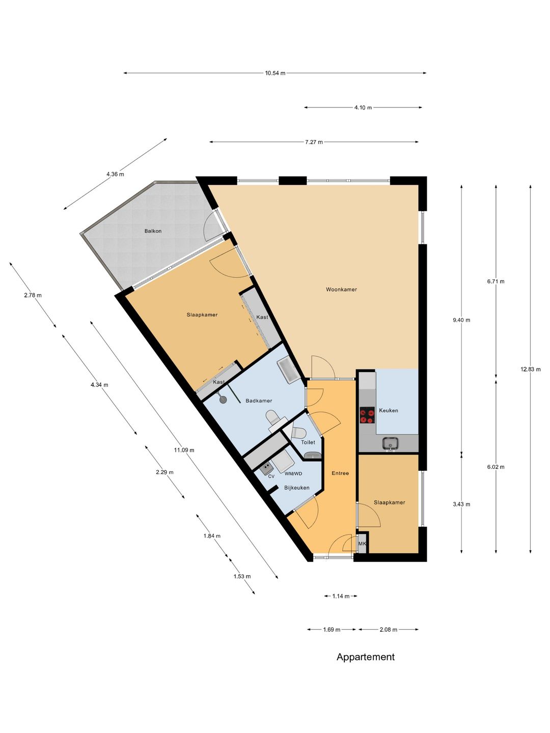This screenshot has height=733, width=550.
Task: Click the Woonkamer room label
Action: [x=341, y=290]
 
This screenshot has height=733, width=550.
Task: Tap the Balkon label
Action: [x=153, y=231]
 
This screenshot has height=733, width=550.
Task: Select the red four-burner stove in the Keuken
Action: [x=367, y=415]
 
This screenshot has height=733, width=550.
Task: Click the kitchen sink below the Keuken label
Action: [x=391, y=443]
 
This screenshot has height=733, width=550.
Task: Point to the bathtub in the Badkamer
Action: [x=288, y=370]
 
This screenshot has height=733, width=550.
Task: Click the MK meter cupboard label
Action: [x=362, y=544]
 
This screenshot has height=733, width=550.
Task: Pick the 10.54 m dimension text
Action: [x=275, y=73]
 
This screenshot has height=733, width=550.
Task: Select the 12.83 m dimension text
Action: [x=530, y=369]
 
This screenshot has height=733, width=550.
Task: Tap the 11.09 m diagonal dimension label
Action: [x=184, y=450]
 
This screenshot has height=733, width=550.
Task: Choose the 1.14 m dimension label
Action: [x=341, y=596]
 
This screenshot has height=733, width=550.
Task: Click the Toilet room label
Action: [x=308, y=442]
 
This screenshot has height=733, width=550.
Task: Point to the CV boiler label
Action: [x=271, y=476]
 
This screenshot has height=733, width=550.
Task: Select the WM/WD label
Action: [x=293, y=473]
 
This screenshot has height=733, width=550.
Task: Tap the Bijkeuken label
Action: [x=296, y=488]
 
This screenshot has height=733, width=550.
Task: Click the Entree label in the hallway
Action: [x=340, y=473]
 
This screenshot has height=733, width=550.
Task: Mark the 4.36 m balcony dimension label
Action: [x=115, y=174]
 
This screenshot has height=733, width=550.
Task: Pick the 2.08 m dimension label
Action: [x=389, y=630]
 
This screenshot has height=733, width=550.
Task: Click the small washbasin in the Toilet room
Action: [x=313, y=455]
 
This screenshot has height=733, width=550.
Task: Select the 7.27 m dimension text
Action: [x=314, y=142]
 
